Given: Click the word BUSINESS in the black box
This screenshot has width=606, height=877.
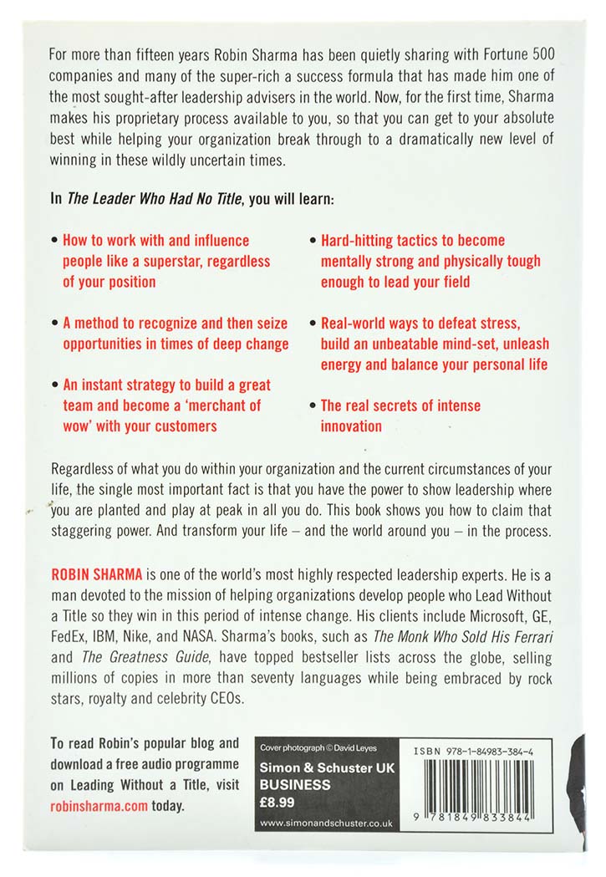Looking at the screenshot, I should click(x=295, y=785).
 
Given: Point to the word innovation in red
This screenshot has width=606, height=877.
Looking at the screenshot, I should click(x=351, y=426).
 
